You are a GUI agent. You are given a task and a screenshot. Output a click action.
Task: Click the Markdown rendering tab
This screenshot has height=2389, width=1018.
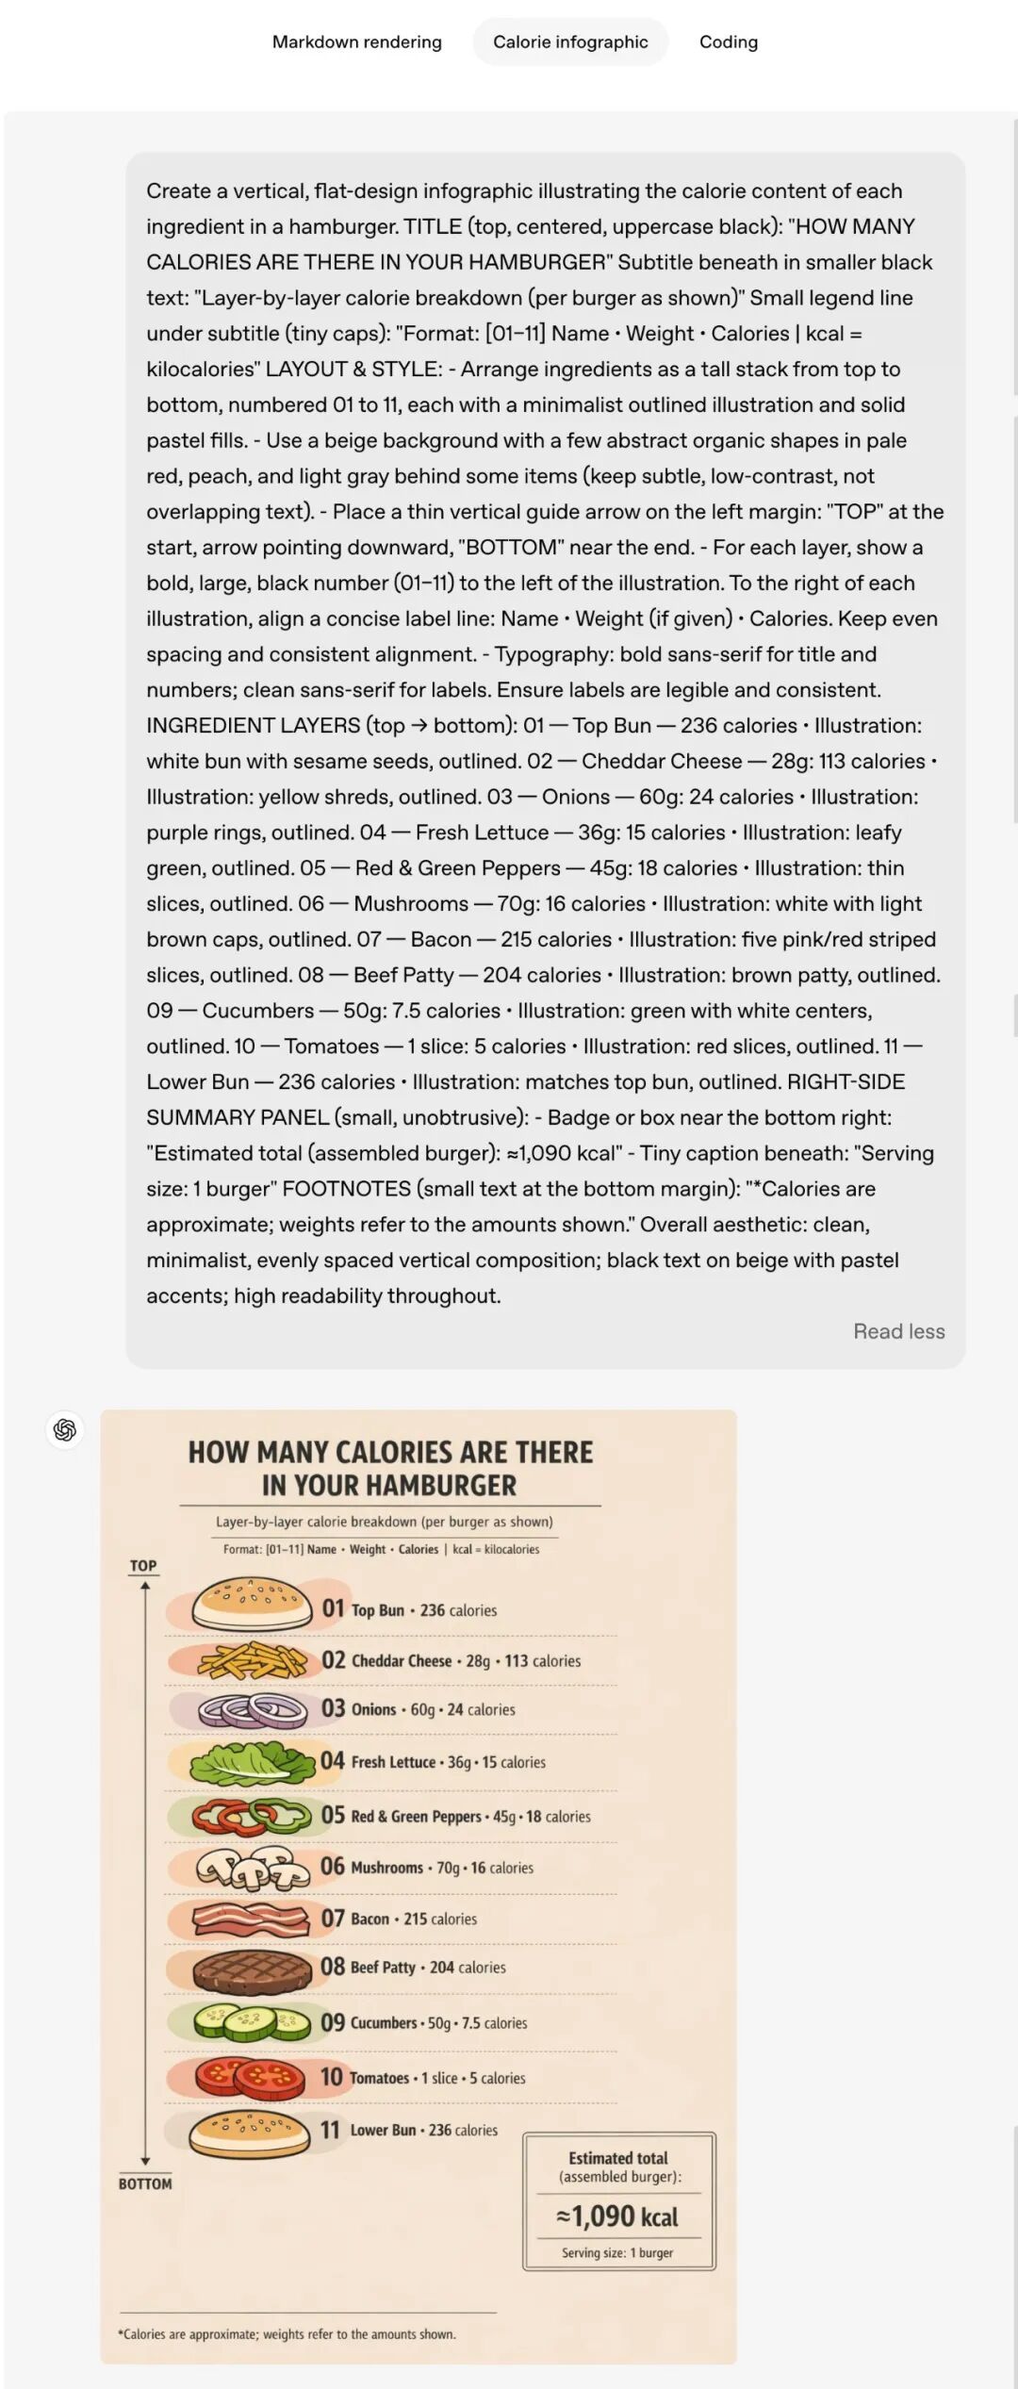pyautogui.click(x=356, y=41)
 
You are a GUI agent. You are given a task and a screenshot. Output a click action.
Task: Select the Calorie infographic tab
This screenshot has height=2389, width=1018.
pyautogui.click(x=570, y=41)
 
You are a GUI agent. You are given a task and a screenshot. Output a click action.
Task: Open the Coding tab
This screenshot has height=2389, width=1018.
pyautogui.click(x=728, y=41)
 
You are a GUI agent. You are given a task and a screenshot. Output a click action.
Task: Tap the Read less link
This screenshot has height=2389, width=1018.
pyautogui.click(x=898, y=1331)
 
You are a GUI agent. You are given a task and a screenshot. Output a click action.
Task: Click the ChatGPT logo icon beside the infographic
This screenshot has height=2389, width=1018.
pyautogui.click(x=65, y=1430)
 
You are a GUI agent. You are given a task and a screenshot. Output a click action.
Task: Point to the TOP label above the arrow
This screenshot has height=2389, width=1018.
pyautogui.click(x=143, y=1566)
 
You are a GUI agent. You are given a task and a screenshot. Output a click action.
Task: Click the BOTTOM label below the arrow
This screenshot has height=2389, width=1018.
pyautogui.click(x=145, y=2183)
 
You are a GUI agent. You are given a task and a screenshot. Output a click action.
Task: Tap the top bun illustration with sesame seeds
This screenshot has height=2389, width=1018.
pyautogui.click(x=252, y=1605)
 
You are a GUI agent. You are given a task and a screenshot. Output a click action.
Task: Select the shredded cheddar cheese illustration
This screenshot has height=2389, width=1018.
pyautogui.click(x=252, y=1660)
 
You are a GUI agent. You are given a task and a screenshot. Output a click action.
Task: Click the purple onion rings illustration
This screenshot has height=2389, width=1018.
pyautogui.click(x=252, y=1710)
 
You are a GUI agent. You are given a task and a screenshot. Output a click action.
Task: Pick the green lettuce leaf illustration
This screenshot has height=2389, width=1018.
pyautogui.click(x=252, y=1761)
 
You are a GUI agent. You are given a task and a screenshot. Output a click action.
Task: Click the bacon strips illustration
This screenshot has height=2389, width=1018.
pyautogui.click(x=251, y=1918)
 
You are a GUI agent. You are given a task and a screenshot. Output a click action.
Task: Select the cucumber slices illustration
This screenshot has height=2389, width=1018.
pyautogui.click(x=252, y=2021)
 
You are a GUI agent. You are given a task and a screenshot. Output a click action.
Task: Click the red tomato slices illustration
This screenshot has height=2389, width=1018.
pyautogui.click(x=251, y=2075)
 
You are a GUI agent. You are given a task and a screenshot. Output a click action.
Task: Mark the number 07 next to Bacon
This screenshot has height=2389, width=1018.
pyautogui.click(x=333, y=1919)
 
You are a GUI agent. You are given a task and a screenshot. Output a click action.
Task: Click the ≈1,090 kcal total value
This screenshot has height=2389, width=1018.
pyautogui.click(x=617, y=2216)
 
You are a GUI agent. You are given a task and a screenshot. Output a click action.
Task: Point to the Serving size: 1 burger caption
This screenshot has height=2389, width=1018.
pyautogui.click(x=617, y=2253)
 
